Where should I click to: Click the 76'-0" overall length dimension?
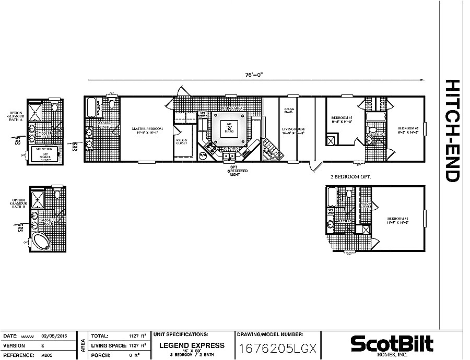(255, 75)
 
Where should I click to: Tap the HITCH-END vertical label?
(452, 130)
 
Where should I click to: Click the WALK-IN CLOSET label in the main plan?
(182, 141)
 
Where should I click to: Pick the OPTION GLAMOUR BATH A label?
(15, 115)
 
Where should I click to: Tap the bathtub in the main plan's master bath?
(92, 107)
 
